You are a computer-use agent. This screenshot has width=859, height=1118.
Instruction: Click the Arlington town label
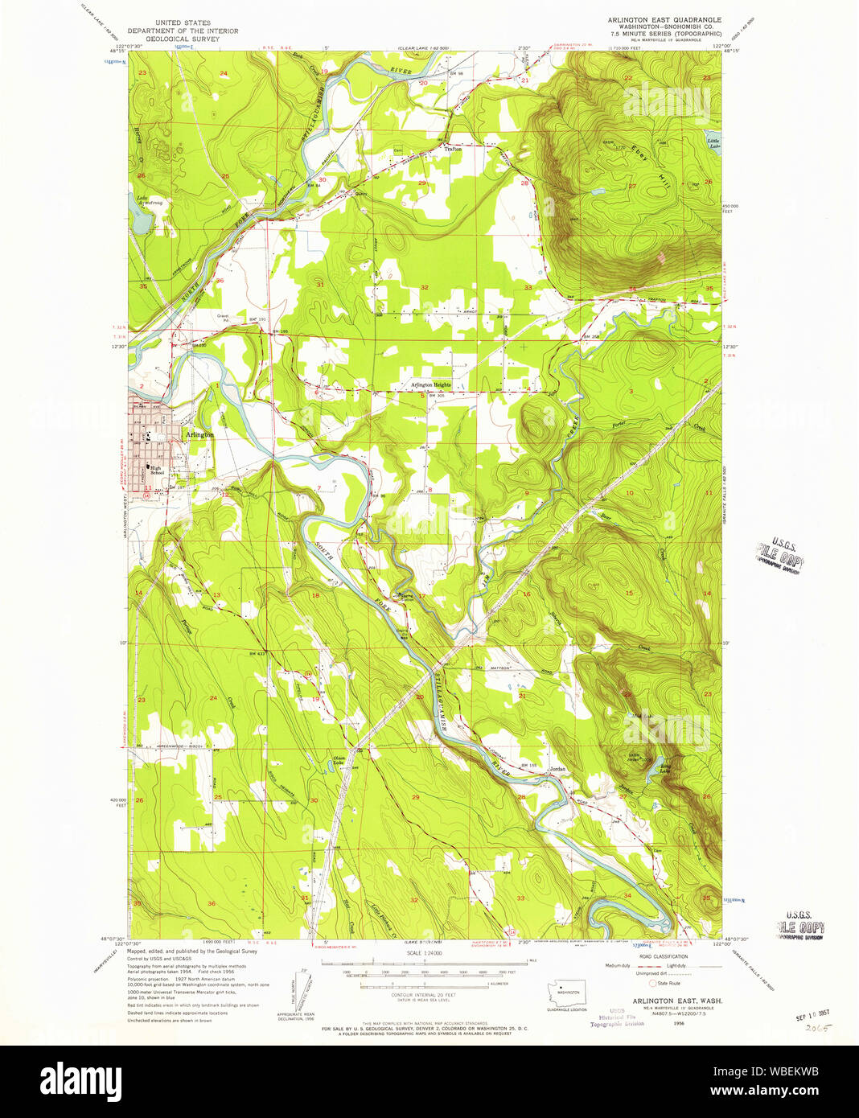pos(199,434)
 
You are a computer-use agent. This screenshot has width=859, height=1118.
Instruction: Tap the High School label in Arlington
pos(157,470)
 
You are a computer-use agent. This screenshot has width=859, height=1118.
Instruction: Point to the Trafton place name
pos(453,149)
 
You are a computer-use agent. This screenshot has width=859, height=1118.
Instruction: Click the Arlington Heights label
pos(431,385)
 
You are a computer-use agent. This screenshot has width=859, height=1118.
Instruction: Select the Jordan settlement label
pos(557,769)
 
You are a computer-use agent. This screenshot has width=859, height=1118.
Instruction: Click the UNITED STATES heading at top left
pos(183,23)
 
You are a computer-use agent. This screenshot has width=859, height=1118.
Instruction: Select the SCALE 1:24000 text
pos(424,954)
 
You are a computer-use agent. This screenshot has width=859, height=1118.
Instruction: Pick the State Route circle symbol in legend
pos(652,983)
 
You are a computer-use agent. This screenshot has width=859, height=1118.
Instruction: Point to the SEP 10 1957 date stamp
pos(813,1016)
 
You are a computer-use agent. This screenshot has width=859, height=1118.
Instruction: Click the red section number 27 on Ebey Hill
pos(632,186)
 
